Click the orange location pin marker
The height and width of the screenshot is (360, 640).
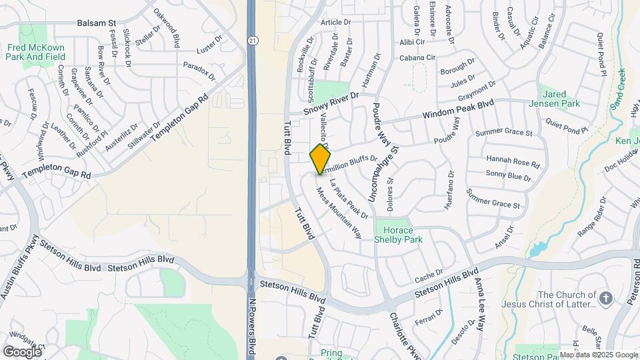(x=321, y=159)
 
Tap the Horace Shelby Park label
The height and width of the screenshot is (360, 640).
(x=399, y=234)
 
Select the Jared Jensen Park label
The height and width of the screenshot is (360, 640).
(x=559, y=99)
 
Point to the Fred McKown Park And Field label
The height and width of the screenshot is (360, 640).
(x=37, y=52)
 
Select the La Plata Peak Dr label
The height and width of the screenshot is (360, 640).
(x=349, y=199)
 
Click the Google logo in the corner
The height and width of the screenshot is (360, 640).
(x=22, y=351)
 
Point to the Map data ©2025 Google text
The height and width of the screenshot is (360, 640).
(x=598, y=355)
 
